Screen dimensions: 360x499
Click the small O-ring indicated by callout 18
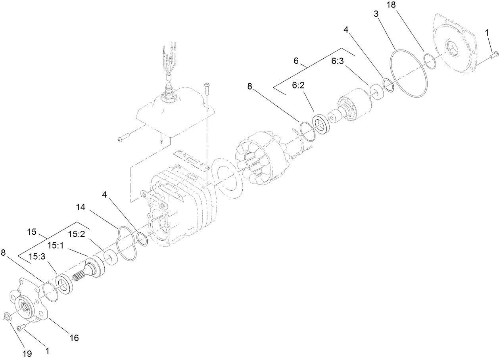point(429,61)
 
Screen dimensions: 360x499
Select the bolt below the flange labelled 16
point(21,327)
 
